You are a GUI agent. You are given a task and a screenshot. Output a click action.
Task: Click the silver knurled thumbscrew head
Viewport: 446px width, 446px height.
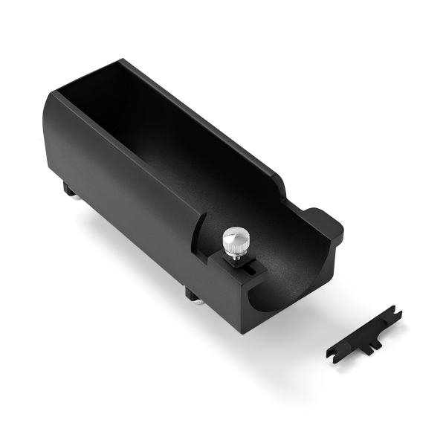pos(236,239)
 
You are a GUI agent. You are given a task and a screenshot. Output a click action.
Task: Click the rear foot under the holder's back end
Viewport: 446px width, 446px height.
pos(69,190)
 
